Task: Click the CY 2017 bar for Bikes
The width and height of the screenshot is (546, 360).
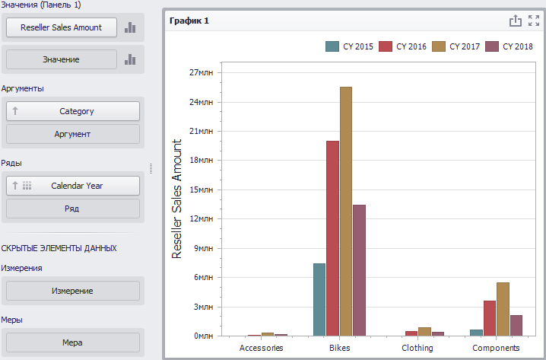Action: tap(346, 211)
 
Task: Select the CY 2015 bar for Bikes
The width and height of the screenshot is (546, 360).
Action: tap(319, 300)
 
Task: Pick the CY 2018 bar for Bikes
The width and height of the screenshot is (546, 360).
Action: tap(359, 270)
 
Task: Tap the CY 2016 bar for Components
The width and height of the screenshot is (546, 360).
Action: tap(490, 318)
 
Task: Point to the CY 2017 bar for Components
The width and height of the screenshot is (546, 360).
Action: tap(503, 309)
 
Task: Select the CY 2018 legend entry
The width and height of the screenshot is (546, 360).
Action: tap(509, 46)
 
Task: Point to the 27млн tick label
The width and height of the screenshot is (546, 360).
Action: tap(201, 72)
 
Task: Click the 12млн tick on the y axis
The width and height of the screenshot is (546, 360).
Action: tap(201, 218)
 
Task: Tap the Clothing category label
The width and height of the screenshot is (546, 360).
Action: tap(417, 348)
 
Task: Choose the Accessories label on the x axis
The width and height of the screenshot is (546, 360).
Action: tap(261, 348)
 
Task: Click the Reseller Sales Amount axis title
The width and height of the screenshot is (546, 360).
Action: tap(177, 199)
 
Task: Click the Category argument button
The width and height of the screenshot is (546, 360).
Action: tap(73, 111)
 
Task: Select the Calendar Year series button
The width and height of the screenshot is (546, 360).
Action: tap(73, 186)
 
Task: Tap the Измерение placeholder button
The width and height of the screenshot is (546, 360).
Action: tap(73, 291)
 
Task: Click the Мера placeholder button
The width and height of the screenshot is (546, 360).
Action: tap(73, 342)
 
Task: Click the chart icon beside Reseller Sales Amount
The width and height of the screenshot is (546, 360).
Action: tap(130, 27)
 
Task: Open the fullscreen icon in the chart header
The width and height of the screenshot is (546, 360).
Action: tap(534, 21)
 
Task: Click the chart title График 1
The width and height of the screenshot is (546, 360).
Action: tap(189, 21)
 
